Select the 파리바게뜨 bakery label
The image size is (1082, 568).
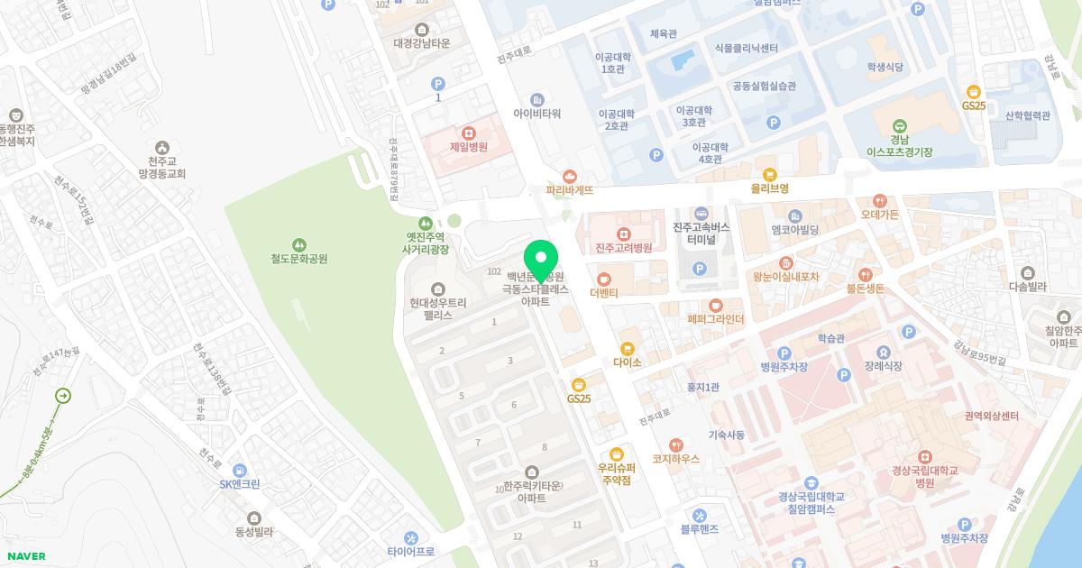click(x=569, y=190)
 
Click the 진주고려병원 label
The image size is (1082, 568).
click(x=623, y=248)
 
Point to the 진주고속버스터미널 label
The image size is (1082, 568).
click(x=701, y=234)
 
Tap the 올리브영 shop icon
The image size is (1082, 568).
click(x=769, y=175)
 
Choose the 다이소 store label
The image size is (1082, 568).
click(x=627, y=362)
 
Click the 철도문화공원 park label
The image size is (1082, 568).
click(x=298, y=259)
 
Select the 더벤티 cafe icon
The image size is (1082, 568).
click(x=604, y=279)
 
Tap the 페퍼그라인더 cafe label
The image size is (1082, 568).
click(x=716, y=319)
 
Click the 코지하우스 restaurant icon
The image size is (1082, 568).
click(x=676, y=444)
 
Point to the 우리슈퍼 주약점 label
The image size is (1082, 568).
click(x=617, y=474)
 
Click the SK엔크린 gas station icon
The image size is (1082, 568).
click(x=239, y=470)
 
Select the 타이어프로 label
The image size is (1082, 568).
click(x=411, y=551)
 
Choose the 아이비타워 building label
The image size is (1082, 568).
click(x=537, y=114)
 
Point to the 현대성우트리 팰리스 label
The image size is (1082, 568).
click(x=438, y=309)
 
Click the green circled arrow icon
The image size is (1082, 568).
click(x=63, y=396)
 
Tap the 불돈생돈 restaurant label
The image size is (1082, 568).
click(x=865, y=289)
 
